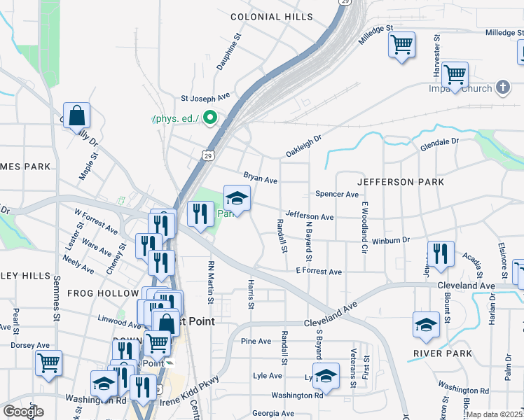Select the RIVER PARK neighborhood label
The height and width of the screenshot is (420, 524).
[x=443, y=353]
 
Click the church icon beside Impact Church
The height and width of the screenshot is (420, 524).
[x=502, y=87]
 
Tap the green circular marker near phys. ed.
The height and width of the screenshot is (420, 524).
[x=209, y=118]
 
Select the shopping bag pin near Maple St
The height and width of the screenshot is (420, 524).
[x=76, y=115]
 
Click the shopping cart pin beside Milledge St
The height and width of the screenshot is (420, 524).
[x=401, y=45]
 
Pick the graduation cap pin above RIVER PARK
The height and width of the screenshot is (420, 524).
[x=426, y=324]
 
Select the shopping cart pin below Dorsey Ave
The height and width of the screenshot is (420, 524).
[x=48, y=363]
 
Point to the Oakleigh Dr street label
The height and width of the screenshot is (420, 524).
[x=302, y=146]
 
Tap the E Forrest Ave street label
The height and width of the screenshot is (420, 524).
[x=318, y=271]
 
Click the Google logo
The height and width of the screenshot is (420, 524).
[x=23, y=412]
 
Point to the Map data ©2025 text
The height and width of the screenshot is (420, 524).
[x=495, y=414]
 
